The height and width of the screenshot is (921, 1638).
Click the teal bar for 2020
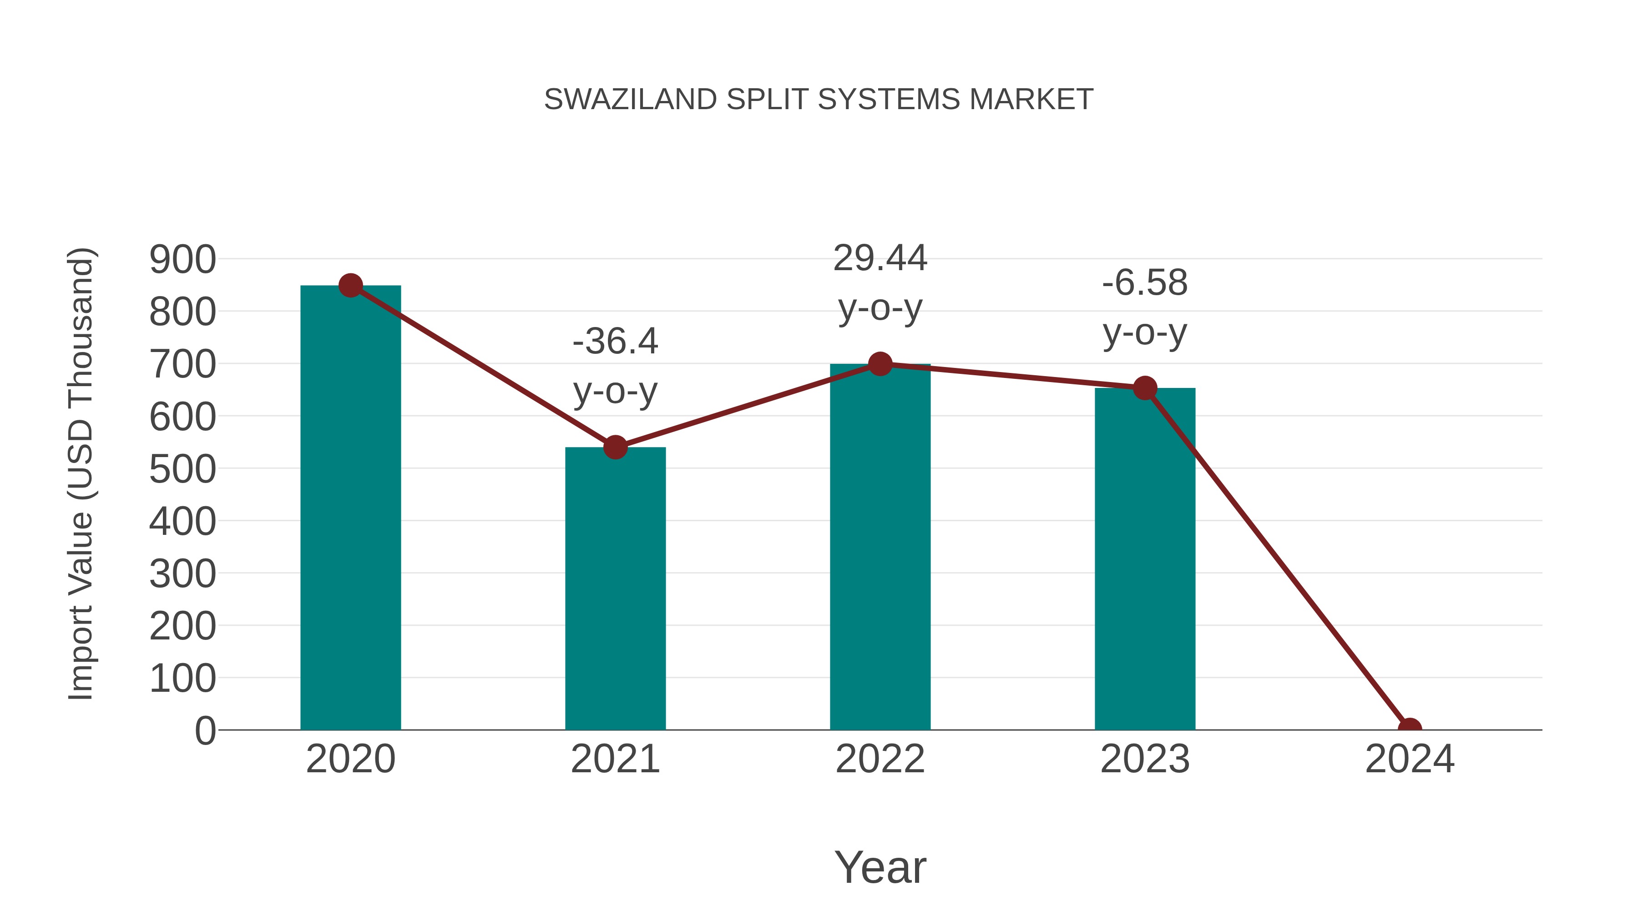pyautogui.click(x=350, y=508)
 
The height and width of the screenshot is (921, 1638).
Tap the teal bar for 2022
pyautogui.click(x=880, y=547)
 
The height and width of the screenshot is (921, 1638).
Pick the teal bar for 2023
pyautogui.click(x=1145, y=559)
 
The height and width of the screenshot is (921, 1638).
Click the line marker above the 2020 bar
pyautogui.click(x=350, y=285)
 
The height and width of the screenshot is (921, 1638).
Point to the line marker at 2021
pyautogui.click(x=615, y=448)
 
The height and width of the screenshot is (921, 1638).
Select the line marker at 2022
pyautogui.click(x=880, y=364)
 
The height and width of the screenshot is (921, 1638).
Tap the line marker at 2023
pyautogui.click(x=1145, y=388)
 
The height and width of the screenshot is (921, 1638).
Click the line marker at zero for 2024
pyautogui.click(x=1410, y=729)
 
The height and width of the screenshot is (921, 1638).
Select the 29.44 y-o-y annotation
pyautogui.click(x=880, y=283)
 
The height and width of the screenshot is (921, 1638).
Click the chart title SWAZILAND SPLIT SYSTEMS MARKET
pyautogui.click(x=819, y=100)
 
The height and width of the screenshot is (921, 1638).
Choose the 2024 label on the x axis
pyautogui.click(x=1410, y=759)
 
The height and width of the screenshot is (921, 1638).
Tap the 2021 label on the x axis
pyautogui.click(x=615, y=759)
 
